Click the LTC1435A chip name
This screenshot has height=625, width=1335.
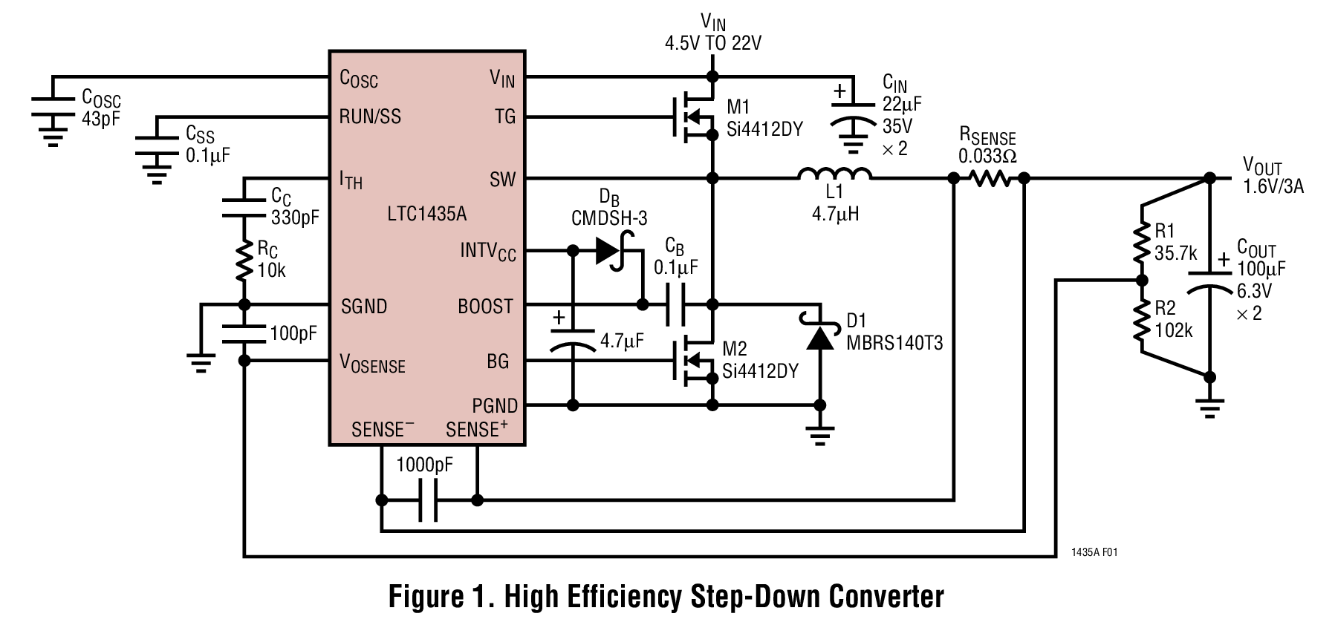[426, 215]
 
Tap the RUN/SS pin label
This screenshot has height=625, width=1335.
[369, 117]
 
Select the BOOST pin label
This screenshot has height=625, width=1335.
[485, 307]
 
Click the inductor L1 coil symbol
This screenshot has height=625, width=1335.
[834, 174]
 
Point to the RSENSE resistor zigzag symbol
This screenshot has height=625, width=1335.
[988, 178]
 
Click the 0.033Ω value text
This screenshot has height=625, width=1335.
[987, 157]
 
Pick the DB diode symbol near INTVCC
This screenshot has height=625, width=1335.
[611, 251]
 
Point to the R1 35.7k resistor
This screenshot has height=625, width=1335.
[1141, 242]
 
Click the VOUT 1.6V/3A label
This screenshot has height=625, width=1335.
[1272, 177]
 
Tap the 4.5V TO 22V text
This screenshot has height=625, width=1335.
[712, 43]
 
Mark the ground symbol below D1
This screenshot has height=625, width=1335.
[819, 434]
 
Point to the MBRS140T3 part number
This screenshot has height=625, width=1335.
[894, 342]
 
